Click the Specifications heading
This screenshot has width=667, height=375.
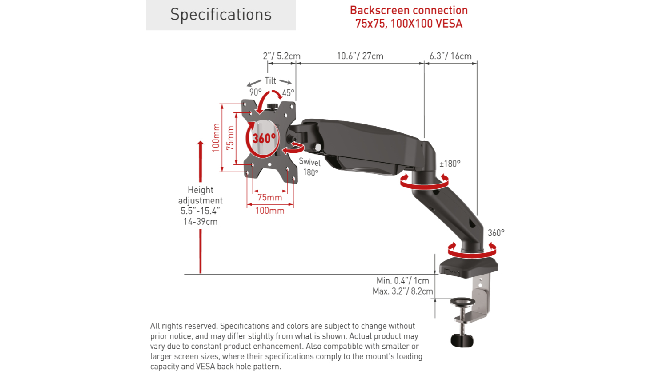coord(221,15)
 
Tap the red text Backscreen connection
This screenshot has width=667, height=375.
coord(409,10)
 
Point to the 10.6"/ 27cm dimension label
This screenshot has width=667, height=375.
coord(360,56)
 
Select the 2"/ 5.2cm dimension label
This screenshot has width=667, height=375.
coord(281,56)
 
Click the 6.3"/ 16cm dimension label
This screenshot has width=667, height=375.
coord(450,56)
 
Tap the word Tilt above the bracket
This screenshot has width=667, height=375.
coord(270,80)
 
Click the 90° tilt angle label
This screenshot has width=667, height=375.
coord(255,92)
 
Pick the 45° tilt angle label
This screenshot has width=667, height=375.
coord(288,93)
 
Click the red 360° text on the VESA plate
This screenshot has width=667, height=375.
coord(264,138)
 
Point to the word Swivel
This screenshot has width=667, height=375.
coord(309,162)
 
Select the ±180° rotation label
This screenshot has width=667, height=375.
coord(450,164)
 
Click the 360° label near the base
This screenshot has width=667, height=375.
coord(496,233)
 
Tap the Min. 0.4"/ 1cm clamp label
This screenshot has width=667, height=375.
coord(402,281)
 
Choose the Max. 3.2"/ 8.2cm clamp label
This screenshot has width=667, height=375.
coord(402,291)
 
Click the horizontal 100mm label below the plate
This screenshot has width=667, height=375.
coord(269,211)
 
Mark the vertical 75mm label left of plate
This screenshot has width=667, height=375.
coord(230,138)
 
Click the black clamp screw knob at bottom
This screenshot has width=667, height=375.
coord(462,341)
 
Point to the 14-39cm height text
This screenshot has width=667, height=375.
coord(201,222)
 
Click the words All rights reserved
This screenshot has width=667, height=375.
coord(184,326)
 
